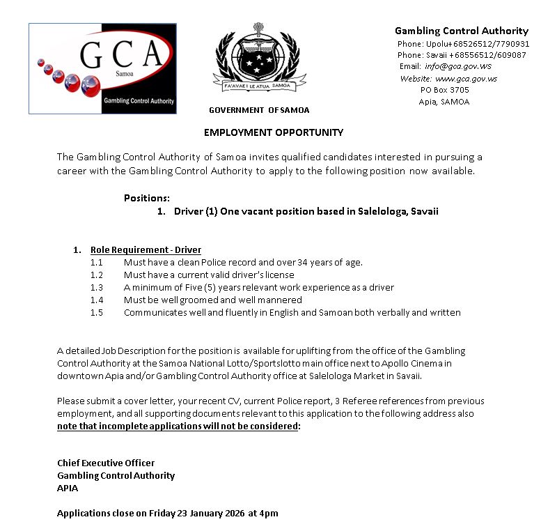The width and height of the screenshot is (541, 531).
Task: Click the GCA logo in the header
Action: (102, 68)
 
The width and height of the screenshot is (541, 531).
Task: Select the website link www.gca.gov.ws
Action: (466, 79)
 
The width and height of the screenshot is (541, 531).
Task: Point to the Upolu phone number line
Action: (463, 43)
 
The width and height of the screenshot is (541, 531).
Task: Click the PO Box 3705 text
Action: (444, 90)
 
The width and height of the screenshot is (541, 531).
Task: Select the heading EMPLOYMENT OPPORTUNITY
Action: (273, 132)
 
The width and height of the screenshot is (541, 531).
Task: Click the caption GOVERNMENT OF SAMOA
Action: (259, 110)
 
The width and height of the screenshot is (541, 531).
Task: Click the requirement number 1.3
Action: (96, 287)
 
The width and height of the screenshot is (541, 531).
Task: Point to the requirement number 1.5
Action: (96, 312)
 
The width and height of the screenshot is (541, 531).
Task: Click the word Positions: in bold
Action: (146, 198)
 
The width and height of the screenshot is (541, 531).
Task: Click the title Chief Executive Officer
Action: (106, 463)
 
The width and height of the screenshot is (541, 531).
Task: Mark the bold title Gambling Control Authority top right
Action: (462, 31)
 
